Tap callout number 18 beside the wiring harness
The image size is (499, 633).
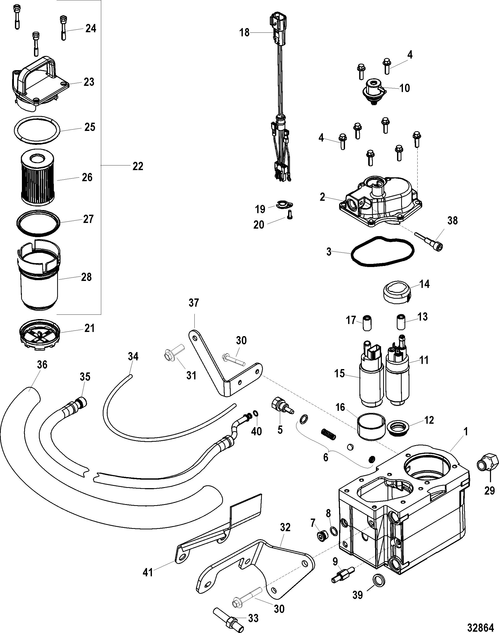click(x=245, y=32)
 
